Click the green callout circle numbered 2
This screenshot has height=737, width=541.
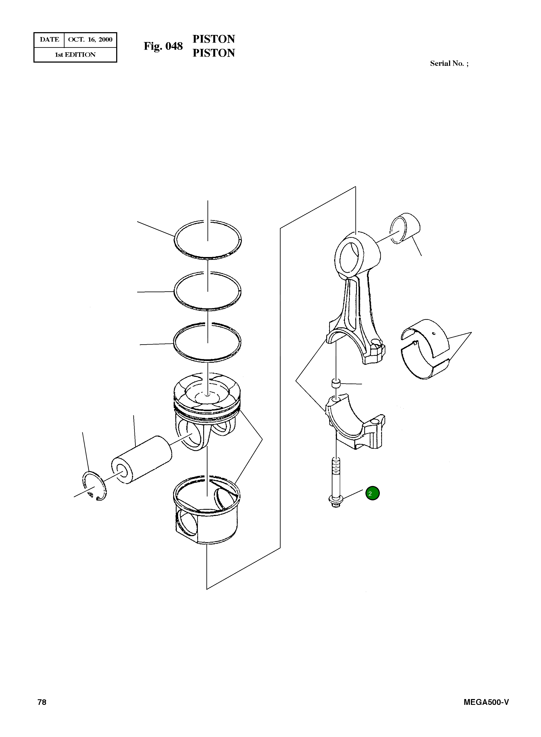pyautogui.click(x=372, y=493)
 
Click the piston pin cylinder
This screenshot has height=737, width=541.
pyautogui.click(x=142, y=460)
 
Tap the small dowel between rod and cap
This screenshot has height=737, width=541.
pyautogui.click(x=336, y=383)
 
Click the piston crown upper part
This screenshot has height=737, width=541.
pyautogui.click(x=207, y=411)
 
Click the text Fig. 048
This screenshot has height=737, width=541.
pyautogui.click(x=163, y=46)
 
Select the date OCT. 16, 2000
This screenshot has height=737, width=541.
pyautogui.click(x=90, y=40)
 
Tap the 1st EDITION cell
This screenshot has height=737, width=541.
pyautogui.click(x=75, y=55)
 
